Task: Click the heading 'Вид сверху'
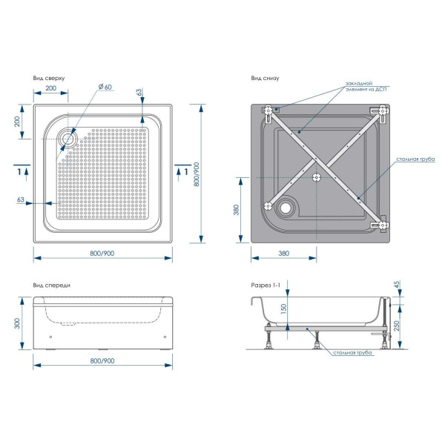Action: click(48, 78)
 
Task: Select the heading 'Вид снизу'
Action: click(265, 78)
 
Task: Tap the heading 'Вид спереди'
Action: click(51, 286)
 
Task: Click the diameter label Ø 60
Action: click(104, 88)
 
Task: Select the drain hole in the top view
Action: click(69, 138)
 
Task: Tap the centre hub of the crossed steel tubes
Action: click(319, 177)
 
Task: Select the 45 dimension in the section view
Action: click(398, 285)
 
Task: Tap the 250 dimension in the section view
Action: click(398, 325)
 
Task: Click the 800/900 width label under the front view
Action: click(102, 360)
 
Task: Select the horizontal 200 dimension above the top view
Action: click(51, 88)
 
